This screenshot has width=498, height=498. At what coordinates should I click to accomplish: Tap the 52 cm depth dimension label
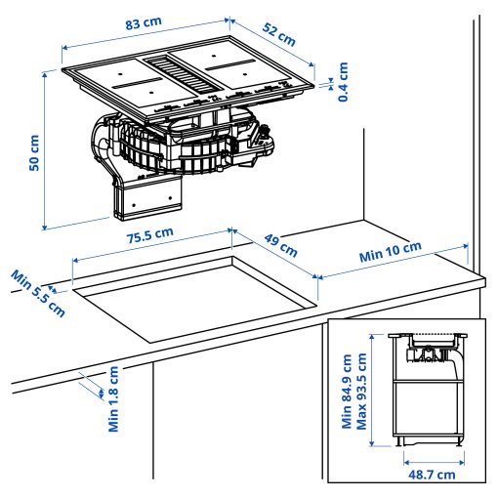[278, 35]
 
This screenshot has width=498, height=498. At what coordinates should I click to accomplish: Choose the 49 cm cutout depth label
[281, 245]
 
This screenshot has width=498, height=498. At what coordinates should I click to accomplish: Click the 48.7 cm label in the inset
[431, 476]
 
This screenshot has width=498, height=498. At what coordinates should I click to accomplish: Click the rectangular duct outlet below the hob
[147, 200]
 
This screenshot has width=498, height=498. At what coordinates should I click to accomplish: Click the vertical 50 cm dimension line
[47, 151]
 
